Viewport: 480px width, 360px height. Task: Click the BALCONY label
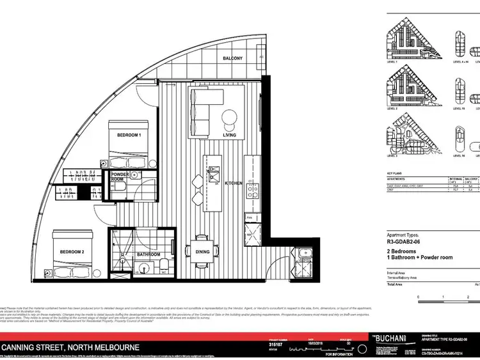[232, 58]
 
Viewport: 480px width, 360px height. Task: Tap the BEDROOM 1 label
[129, 136]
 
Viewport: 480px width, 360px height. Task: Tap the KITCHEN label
[232, 183]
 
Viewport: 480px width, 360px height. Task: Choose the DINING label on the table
[202, 252]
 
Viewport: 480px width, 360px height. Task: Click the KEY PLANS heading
[397, 173]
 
